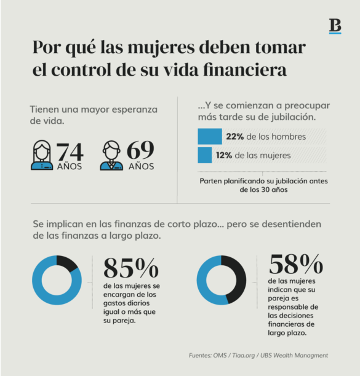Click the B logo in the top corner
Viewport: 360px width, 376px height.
335,26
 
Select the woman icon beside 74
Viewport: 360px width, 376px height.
42,156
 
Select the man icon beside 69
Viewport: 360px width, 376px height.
111,156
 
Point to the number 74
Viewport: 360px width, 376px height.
70,151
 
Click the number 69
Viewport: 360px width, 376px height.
140,151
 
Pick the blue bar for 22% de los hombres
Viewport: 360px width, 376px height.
209,136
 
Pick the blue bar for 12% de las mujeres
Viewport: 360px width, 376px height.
204,155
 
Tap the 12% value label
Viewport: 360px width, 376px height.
225,156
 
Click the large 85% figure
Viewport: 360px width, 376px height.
130,268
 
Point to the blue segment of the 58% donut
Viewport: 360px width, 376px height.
207,280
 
